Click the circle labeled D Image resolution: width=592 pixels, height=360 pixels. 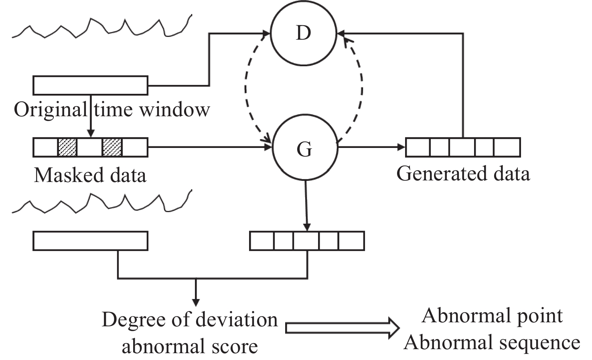coord(303,33)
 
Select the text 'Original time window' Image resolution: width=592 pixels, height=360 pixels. coord(112,109)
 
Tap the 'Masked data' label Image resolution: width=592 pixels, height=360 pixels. coord(90,175)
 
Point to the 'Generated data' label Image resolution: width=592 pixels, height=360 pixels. coord(463,174)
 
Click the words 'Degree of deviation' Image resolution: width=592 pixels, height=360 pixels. coord(190,320)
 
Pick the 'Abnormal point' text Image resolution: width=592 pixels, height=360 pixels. coord(492,316)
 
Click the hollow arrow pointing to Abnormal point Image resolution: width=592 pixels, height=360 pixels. coord(342,328)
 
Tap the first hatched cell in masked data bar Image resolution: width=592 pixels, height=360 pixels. coord(67,147)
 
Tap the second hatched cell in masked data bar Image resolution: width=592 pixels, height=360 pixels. coord(112,147)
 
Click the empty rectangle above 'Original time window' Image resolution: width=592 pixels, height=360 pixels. coord(90,85)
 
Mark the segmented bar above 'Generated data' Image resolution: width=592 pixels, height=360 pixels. coord(463,147)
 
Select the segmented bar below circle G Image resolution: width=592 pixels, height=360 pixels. coord(307,241)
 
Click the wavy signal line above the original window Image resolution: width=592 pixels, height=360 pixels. coord(100,27)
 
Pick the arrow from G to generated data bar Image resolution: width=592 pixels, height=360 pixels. coord(371,147)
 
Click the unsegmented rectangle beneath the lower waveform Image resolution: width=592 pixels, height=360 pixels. coord(90,241)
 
